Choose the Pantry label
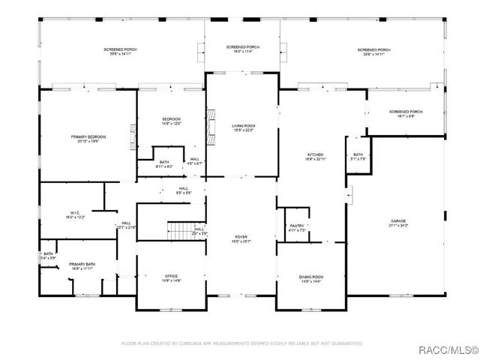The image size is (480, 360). [x=297, y=227]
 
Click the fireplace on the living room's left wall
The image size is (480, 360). [x=211, y=119]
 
